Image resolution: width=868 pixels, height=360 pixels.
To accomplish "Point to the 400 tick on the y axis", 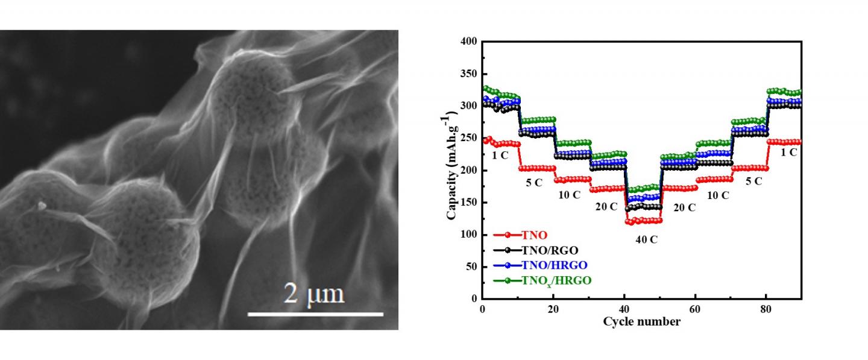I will pos(470,42).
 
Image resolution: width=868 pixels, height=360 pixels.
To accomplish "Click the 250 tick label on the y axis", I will pos(470,138).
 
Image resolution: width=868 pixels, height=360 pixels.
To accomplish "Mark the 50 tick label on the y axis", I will pos(472,267).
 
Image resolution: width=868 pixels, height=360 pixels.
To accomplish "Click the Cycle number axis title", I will pos(641,321).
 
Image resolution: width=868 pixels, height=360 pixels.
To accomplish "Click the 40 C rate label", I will pos(646,239).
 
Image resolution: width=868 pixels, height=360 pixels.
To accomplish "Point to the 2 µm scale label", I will pos(314,294).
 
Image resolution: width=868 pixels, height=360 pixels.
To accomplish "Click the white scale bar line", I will pos(315,314).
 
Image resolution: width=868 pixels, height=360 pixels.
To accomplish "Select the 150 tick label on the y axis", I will pos(470,203).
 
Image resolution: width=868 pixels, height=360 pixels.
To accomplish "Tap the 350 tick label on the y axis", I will pos(470,74).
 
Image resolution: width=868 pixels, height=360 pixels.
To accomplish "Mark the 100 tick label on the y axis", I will pos(470,235).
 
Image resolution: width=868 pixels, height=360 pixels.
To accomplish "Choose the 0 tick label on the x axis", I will pos(482,309).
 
